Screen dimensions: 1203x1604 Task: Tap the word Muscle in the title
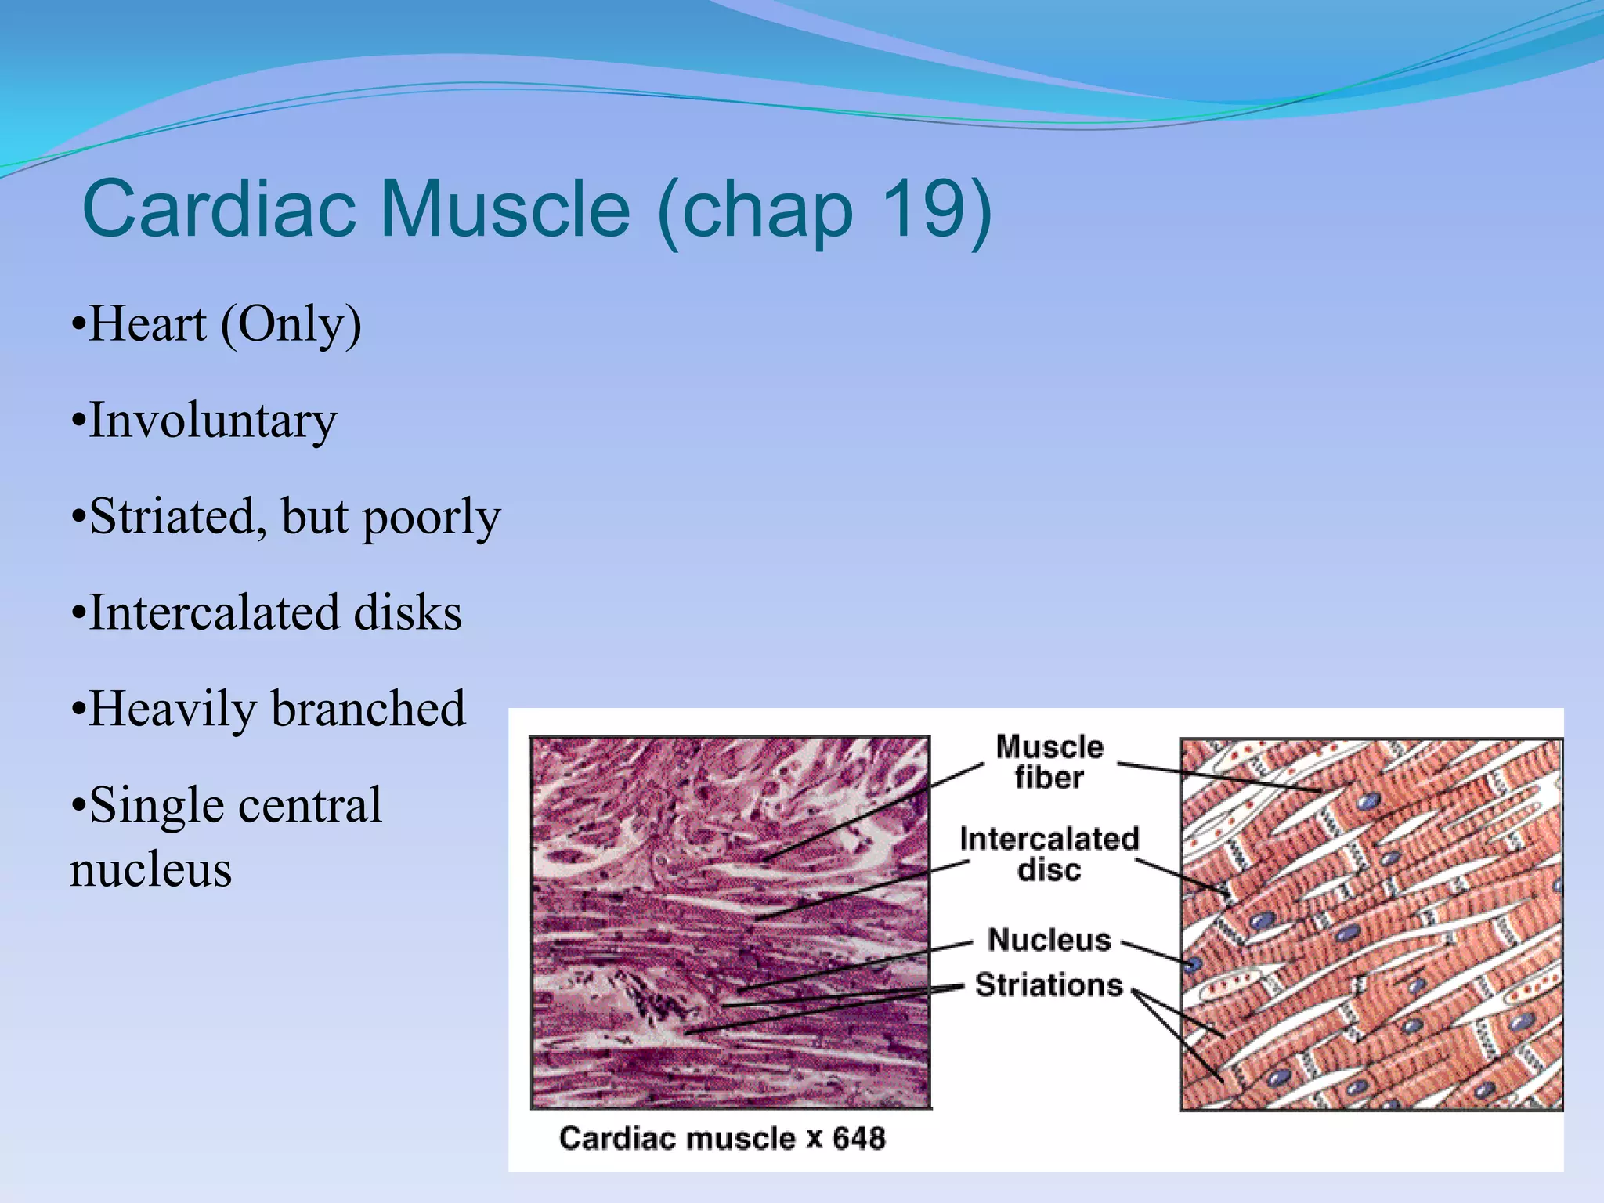(x=504, y=210)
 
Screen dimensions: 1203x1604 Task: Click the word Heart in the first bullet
(x=148, y=324)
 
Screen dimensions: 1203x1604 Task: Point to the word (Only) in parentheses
(x=291, y=326)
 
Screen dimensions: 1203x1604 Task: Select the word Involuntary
(x=212, y=421)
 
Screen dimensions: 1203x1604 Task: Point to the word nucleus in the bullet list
(x=151, y=869)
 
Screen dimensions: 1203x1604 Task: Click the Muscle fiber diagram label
(x=1049, y=762)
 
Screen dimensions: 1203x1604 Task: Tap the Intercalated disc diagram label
(x=1049, y=854)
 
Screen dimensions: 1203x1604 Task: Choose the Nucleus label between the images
(x=1049, y=939)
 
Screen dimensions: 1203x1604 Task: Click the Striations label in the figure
(x=1049, y=984)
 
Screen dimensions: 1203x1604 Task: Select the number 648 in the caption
(x=858, y=1138)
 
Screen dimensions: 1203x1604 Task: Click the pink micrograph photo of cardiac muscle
(x=730, y=922)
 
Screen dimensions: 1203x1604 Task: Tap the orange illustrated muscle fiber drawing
(x=1371, y=923)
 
